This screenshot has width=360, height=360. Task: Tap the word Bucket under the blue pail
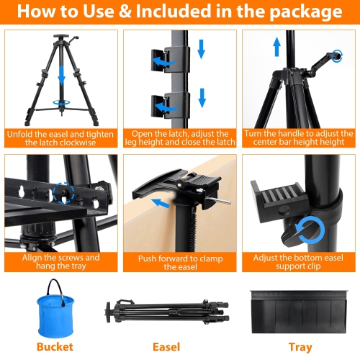click(x=55, y=347)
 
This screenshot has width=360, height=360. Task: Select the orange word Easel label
click(x=166, y=347)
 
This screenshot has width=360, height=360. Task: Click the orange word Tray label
click(x=300, y=347)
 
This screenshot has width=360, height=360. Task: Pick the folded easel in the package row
click(x=167, y=312)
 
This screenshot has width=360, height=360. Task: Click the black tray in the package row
click(x=299, y=312)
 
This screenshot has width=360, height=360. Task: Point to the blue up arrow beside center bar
click(x=277, y=47)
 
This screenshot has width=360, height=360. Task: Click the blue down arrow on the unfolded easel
click(x=62, y=76)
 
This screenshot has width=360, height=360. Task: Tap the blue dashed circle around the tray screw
click(x=63, y=193)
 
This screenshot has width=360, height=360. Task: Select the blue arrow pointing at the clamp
click(x=161, y=203)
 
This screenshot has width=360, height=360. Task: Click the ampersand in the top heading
click(x=125, y=12)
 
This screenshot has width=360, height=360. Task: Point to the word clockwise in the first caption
click(x=77, y=143)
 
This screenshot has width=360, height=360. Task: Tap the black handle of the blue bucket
click(x=55, y=290)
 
